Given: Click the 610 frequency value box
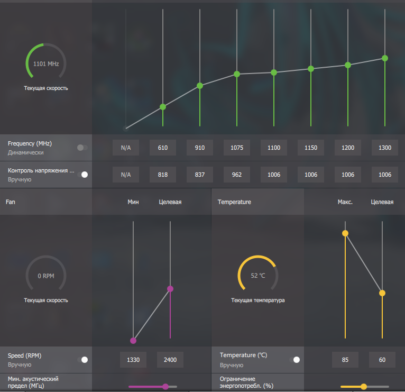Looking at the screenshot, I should pyautogui.click(x=163, y=148).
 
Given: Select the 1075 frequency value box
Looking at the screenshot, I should pyautogui.click(x=237, y=148).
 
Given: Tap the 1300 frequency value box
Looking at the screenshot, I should pyautogui.click(x=385, y=148).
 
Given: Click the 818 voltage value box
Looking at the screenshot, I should pyautogui.click(x=163, y=175).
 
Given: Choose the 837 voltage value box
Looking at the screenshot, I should pyautogui.click(x=200, y=175).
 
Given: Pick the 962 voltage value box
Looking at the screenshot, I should pyautogui.click(x=237, y=175).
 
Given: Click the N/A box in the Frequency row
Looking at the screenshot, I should pyautogui.click(x=126, y=148).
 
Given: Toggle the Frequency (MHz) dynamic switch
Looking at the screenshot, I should pyautogui.click(x=82, y=148).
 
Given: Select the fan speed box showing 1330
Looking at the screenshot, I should pyautogui.click(x=133, y=360).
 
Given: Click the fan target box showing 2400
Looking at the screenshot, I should pyautogui.click(x=170, y=360).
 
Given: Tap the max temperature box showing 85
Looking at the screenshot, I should pyautogui.click(x=345, y=360).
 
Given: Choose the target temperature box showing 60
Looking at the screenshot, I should pyautogui.click(x=382, y=360).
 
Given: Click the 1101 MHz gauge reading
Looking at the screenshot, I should pyautogui.click(x=46, y=63).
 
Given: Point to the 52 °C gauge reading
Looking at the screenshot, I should pyautogui.click(x=258, y=276).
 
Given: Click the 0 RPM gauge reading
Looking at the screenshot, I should pyautogui.click(x=46, y=276).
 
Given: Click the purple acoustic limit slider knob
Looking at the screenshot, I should pyautogui.click(x=165, y=387).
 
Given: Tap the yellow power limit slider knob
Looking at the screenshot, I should pyautogui.click(x=364, y=387).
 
